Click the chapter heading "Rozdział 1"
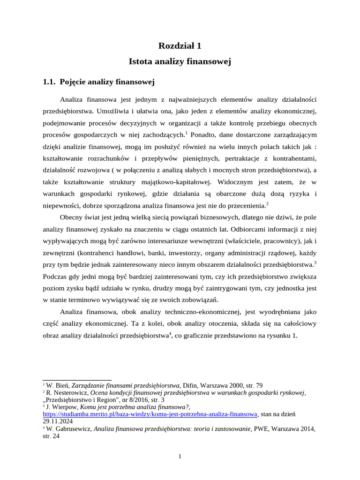pyautogui.click(x=180, y=45)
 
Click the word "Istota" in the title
pyautogui.click(x=140, y=61)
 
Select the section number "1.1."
pyautogui.click(x=49, y=82)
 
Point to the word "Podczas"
pyautogui.click(x=56, y=276)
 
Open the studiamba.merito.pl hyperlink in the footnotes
pyautogui.click(x=150, y=414)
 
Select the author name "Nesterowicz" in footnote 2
pyautogui.click(x=69, y=392)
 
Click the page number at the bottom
pyautogui.click(x=180, y=457)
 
